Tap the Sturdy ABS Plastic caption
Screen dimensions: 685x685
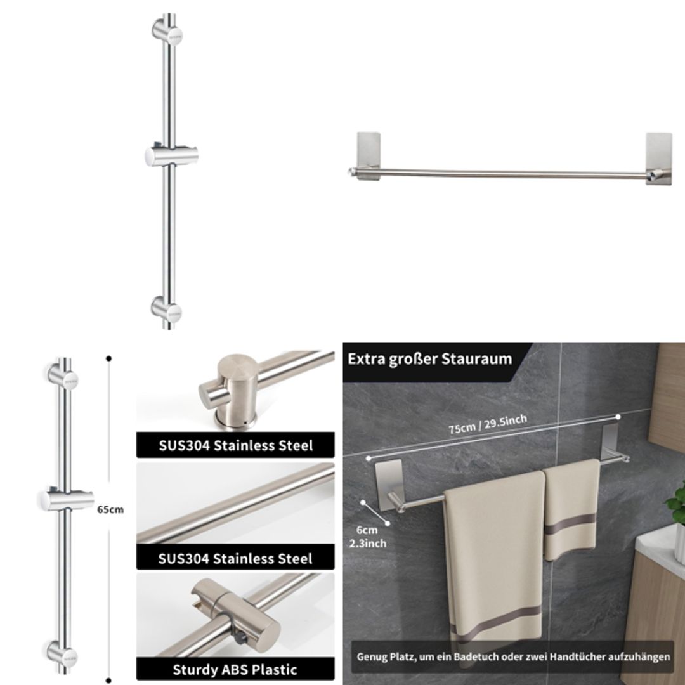pos(235,669)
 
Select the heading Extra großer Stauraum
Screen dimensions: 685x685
pos(429,359)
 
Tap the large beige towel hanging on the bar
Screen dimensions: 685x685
pos(493,558)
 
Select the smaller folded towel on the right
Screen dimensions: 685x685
pos(572,507)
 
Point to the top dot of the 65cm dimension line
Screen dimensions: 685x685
pos(109,359)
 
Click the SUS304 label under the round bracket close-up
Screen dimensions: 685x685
pos(235,445)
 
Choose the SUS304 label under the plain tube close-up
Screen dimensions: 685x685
pos(235,558)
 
